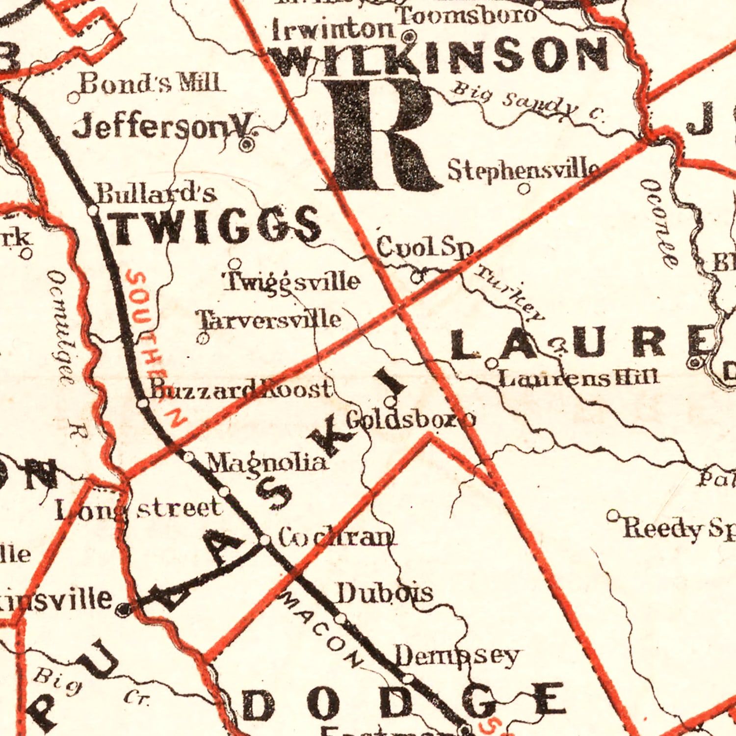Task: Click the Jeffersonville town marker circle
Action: pos(247,144)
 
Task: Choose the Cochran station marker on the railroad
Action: pos(264,540)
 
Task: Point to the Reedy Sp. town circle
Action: pos(612,515)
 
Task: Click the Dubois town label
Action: pos(385,594)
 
